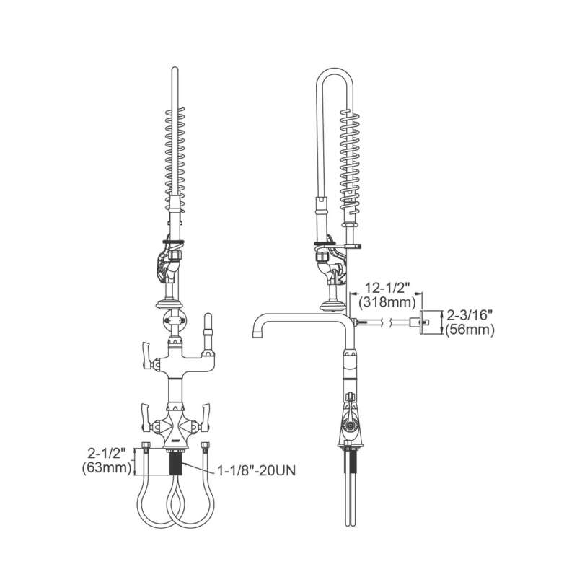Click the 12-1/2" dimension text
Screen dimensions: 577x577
point(388,288)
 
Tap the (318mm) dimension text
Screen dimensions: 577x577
point(387,303)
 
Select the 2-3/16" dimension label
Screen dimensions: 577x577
point(470,315)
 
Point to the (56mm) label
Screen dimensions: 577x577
point(470,330)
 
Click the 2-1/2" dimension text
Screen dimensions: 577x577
point(107,453)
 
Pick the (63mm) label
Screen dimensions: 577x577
point(107,467)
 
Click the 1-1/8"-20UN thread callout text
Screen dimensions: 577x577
point(257,470)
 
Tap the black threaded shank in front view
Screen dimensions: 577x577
point(175,463)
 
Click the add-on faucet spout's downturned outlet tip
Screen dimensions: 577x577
point(257,333)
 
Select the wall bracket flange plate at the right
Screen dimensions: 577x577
point(421,322)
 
